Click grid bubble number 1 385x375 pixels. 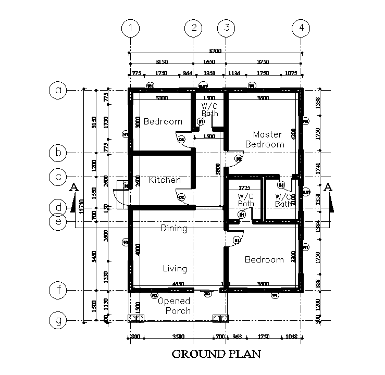pyautogui.click(x=130, y=28)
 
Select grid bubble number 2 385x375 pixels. pyautogui.click(x=193, y=28)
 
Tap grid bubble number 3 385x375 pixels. pyautogui.click(x=226, y=28)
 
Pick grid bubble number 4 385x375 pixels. pyautogui.click(x=301, y=28)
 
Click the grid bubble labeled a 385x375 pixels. pyautogui.click(x=58, y=90)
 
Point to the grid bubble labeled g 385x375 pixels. pyautogui.click(x=58, y=320)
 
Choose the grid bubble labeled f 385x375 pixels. pyautogui.click(x=58, y=289)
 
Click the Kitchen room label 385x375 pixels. pyautogui.click(x=165, y=180)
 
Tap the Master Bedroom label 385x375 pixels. pyautogui.click(x=266, y=140)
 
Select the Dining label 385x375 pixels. pyautogui.click(x=173, y=228)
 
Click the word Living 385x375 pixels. pyautogui.click(x=175, y=269)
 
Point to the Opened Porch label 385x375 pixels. pyautogui.click(x=174, y=306)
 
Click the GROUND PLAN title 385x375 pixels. pyautogui.click(x=216, y=355)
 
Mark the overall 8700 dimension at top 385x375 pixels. pyautogui.click(x=215, y=51)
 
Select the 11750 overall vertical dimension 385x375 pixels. pyautogui.click(x=81, y=208)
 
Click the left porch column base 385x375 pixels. pyautogui.click(x=136, y=319)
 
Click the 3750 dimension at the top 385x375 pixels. pyautogui.click(x=264, y=62)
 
